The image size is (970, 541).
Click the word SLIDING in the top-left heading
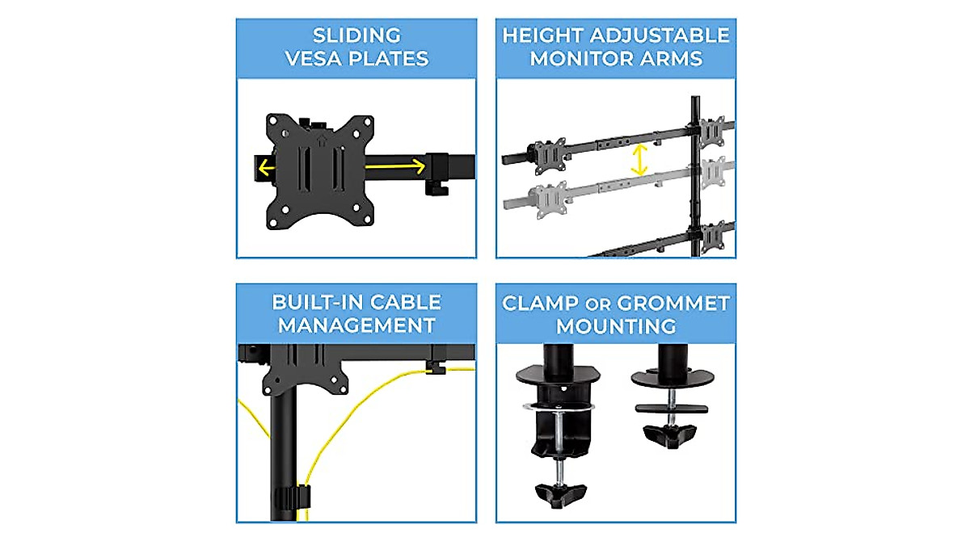356,35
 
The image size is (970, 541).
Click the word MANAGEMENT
356,326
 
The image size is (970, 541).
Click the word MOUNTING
616,327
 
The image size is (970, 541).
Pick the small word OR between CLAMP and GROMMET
591,304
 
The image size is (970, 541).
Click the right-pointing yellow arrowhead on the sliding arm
418,166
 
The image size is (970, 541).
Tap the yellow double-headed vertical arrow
639,160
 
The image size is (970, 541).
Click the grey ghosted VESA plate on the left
548,199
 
